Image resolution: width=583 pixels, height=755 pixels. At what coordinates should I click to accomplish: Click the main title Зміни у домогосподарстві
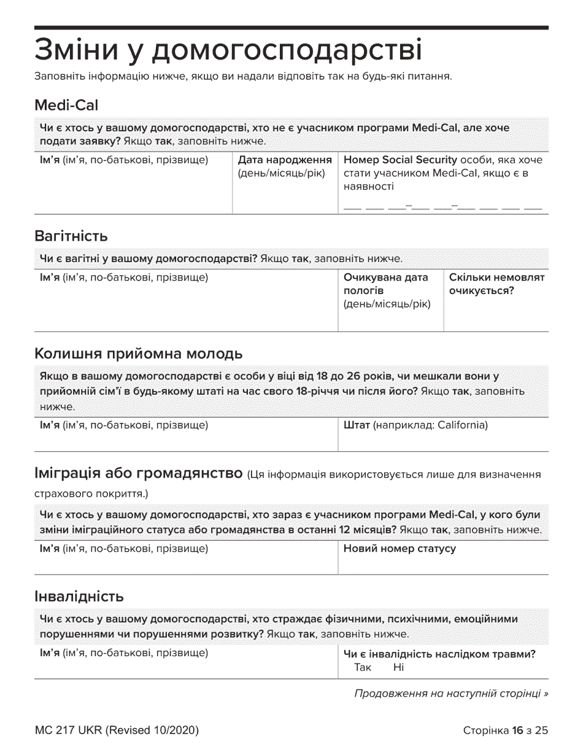[x=228, y=50]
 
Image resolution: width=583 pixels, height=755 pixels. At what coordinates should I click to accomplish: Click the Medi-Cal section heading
[x=66, y=106]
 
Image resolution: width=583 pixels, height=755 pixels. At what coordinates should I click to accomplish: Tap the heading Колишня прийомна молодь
[x=139, y=354]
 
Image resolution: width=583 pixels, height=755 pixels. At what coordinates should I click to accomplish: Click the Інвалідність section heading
[x=79, y=596]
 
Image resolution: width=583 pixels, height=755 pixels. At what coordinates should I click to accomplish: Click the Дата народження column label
[x=285, y=160]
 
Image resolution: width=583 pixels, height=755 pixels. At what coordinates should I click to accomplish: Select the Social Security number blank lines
[x=443, y=207]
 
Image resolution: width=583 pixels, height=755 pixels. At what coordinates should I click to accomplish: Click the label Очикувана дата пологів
[x=385, y=284]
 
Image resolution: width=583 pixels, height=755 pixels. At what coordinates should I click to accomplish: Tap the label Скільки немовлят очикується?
[x=496, y=284]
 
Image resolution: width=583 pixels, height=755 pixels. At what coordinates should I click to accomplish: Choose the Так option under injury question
[x=363, y=667]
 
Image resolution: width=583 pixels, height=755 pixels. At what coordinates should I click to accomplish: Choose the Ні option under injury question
[x=399, y=667]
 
